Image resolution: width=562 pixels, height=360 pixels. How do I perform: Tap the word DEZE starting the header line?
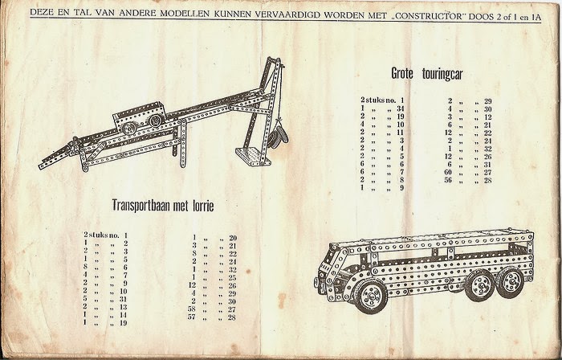tap(42, 14)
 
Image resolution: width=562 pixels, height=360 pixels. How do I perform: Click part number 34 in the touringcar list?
tap(400, 108)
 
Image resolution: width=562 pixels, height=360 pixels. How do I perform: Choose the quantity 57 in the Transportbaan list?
tap(193, 317)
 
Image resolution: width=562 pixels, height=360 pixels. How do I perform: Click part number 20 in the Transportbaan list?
tap(233, 238)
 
